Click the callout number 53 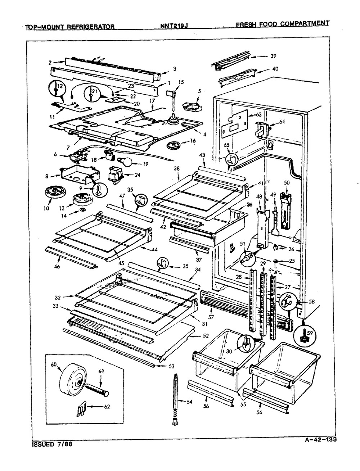click(171, 367)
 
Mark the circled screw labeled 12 click(58, 89)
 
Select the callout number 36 click(249, 205)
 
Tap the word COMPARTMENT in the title click(306, 24)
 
